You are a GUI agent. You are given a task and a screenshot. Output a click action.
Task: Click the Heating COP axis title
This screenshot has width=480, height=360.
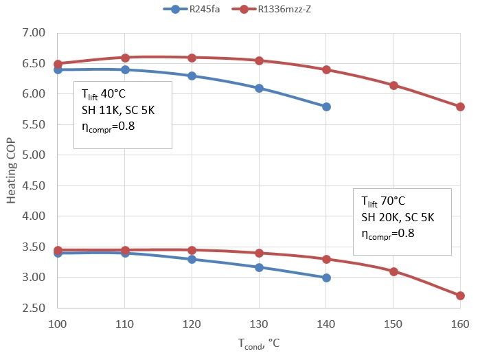[x=12, y=170]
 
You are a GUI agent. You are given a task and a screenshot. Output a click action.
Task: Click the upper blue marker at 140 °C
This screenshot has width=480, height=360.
[x=326, y=106]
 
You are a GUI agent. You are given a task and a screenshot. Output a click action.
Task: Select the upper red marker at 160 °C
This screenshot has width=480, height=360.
[x=460, y=106]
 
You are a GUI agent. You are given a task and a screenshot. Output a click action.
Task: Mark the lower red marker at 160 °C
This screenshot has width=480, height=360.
[x=460, y=295]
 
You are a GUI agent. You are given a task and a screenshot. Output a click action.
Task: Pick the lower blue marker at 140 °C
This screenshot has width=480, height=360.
[x=326, y=278]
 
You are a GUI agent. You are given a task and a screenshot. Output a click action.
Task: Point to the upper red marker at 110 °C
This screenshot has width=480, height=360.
[x=125, y=58]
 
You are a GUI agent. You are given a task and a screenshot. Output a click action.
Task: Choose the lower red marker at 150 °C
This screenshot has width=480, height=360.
[x=393, y=271]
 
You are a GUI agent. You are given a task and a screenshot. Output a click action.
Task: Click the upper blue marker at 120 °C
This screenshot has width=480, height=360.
[x=192, y=76]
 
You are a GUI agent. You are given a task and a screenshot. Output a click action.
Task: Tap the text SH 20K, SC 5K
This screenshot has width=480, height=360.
[x=398, y=218]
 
